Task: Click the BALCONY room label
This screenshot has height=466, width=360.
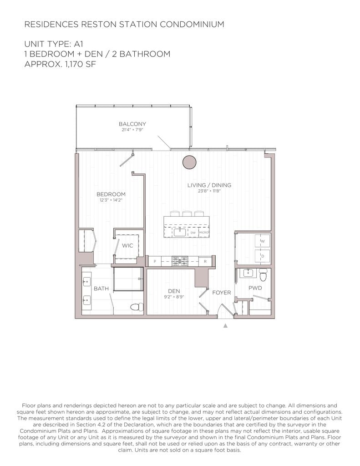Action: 132,124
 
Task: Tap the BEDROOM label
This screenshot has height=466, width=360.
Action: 111,194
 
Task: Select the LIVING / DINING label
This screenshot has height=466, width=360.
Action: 209,185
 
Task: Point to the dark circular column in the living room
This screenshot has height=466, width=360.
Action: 189,162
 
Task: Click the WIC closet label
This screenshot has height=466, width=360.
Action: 127,246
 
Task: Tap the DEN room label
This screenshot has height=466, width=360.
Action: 174,291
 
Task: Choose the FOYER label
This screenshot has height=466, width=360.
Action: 222,293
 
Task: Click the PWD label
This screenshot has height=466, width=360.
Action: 255,288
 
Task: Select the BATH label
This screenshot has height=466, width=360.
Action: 101,289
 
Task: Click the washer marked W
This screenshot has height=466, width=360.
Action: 262,241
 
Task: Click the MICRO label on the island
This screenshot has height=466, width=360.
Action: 203,233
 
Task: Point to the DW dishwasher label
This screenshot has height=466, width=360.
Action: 193,233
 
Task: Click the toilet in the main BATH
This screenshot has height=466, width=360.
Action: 136,307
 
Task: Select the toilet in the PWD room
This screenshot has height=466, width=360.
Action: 264,275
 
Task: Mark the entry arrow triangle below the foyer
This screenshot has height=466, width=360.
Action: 225,325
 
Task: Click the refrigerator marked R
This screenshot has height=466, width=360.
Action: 205,261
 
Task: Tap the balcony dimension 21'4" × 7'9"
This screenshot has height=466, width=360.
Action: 132,130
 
